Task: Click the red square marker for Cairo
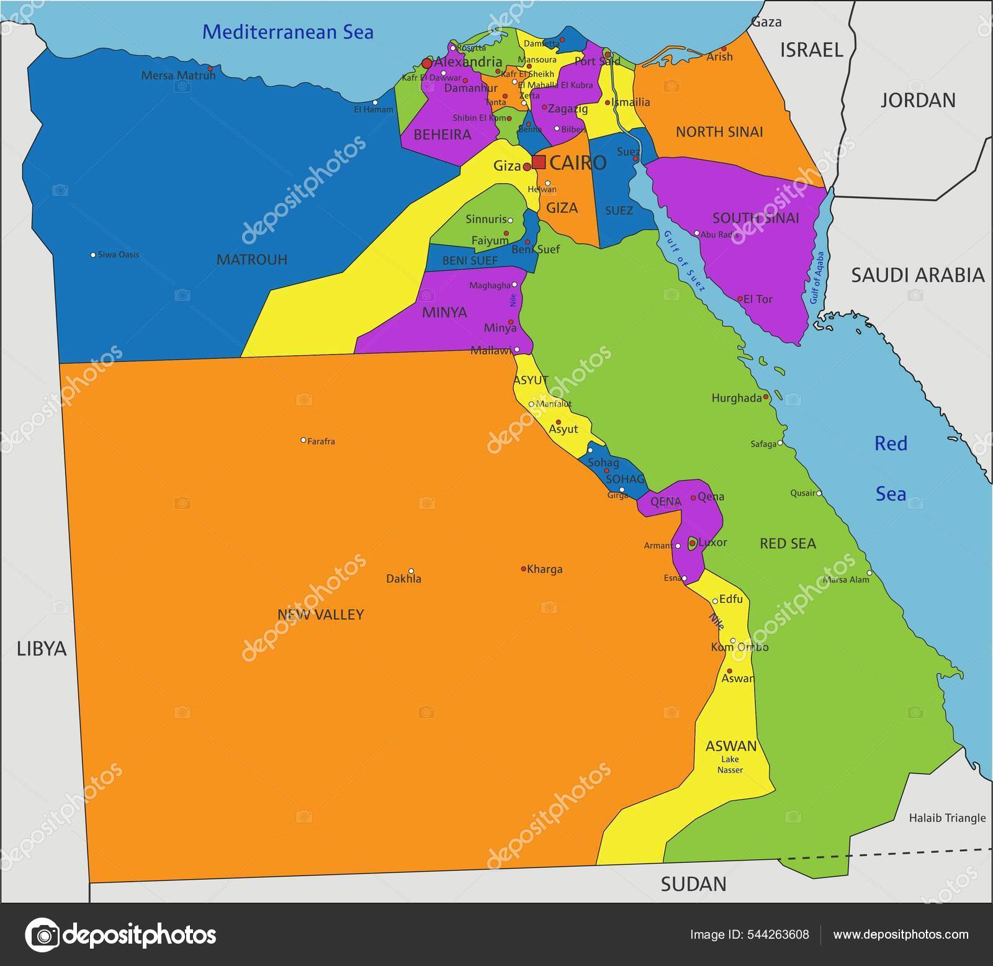coord(539,162)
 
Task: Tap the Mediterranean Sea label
coord(288,32)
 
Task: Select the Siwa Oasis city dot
coord(93,255)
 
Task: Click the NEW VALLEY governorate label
coord(320,614)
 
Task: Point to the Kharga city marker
coord(523,569)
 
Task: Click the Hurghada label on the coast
coord(736,398)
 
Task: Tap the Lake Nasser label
coord(730,764)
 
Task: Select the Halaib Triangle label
coord(947,818)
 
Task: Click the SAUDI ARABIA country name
coord(917,275)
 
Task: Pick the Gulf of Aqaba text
coord(817,278)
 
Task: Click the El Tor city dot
coord(740,299)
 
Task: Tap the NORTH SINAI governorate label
coord(719,132)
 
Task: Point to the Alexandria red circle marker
coord(426,63)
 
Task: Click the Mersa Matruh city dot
coord(210,68)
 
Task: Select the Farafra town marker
coord(303,440)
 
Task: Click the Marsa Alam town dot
coord(869,573)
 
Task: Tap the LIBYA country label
coord(41,648)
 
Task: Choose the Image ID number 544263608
coord(780,934)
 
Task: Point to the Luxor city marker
coord(692,543)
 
